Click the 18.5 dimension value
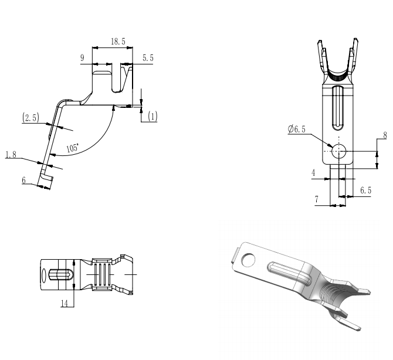(x=118, y=42)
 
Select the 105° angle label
(x=73, y=148)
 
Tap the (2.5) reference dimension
(x=31, y=117)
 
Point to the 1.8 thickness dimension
(x=11, y=155)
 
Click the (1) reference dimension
(x=153, y=116)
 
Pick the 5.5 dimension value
(x=148, y=58)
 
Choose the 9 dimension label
(x=82, y=58)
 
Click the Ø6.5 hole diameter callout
(x=297, y=129)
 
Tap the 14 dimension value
(x=65, y=303)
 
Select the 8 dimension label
(x=385, y=135)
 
